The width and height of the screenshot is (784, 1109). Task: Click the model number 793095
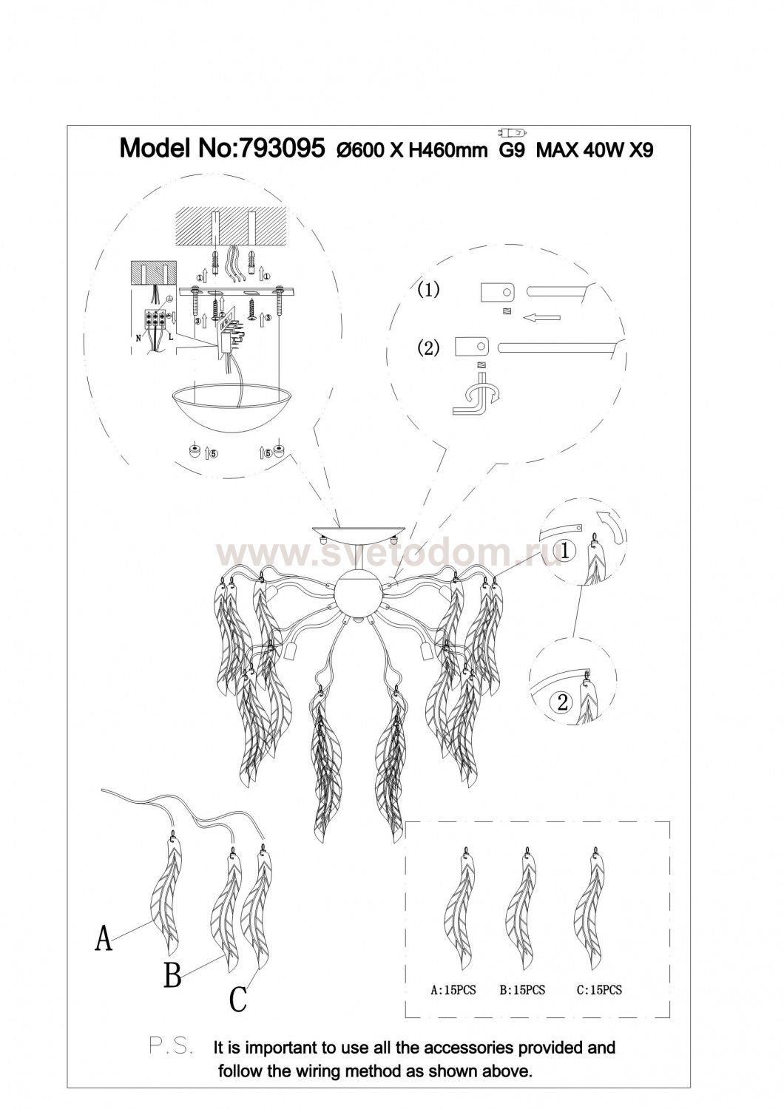281,149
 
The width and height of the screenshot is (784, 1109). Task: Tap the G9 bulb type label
510,150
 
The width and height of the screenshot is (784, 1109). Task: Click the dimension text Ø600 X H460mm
411,150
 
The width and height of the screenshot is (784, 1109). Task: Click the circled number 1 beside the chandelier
551,551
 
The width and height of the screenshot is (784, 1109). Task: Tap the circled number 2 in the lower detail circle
562,702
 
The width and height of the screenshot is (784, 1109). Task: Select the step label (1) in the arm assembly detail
428,290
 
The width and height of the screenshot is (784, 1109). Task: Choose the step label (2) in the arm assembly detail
428,348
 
